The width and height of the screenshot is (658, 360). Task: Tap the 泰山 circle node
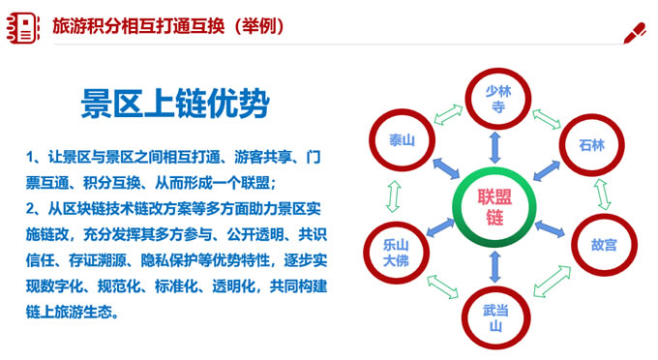point(403,141)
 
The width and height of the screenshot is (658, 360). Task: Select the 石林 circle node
point(591,146)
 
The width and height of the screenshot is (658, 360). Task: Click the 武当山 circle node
point(494,315)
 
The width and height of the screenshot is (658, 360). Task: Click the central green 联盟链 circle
point(493,205)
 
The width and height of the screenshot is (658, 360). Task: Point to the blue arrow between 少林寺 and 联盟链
point(494,146)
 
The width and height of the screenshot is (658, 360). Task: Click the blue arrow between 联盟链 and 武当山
point(494,263)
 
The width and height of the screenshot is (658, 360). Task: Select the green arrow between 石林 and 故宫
point(602,195)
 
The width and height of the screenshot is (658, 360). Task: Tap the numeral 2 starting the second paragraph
point(31,209)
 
